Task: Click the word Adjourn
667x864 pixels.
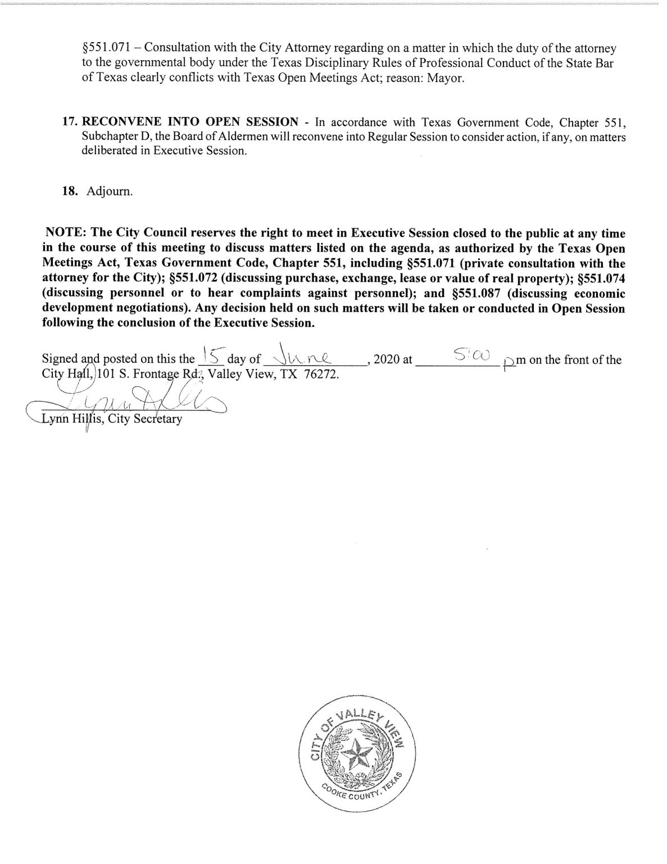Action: (x=110, y=191)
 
